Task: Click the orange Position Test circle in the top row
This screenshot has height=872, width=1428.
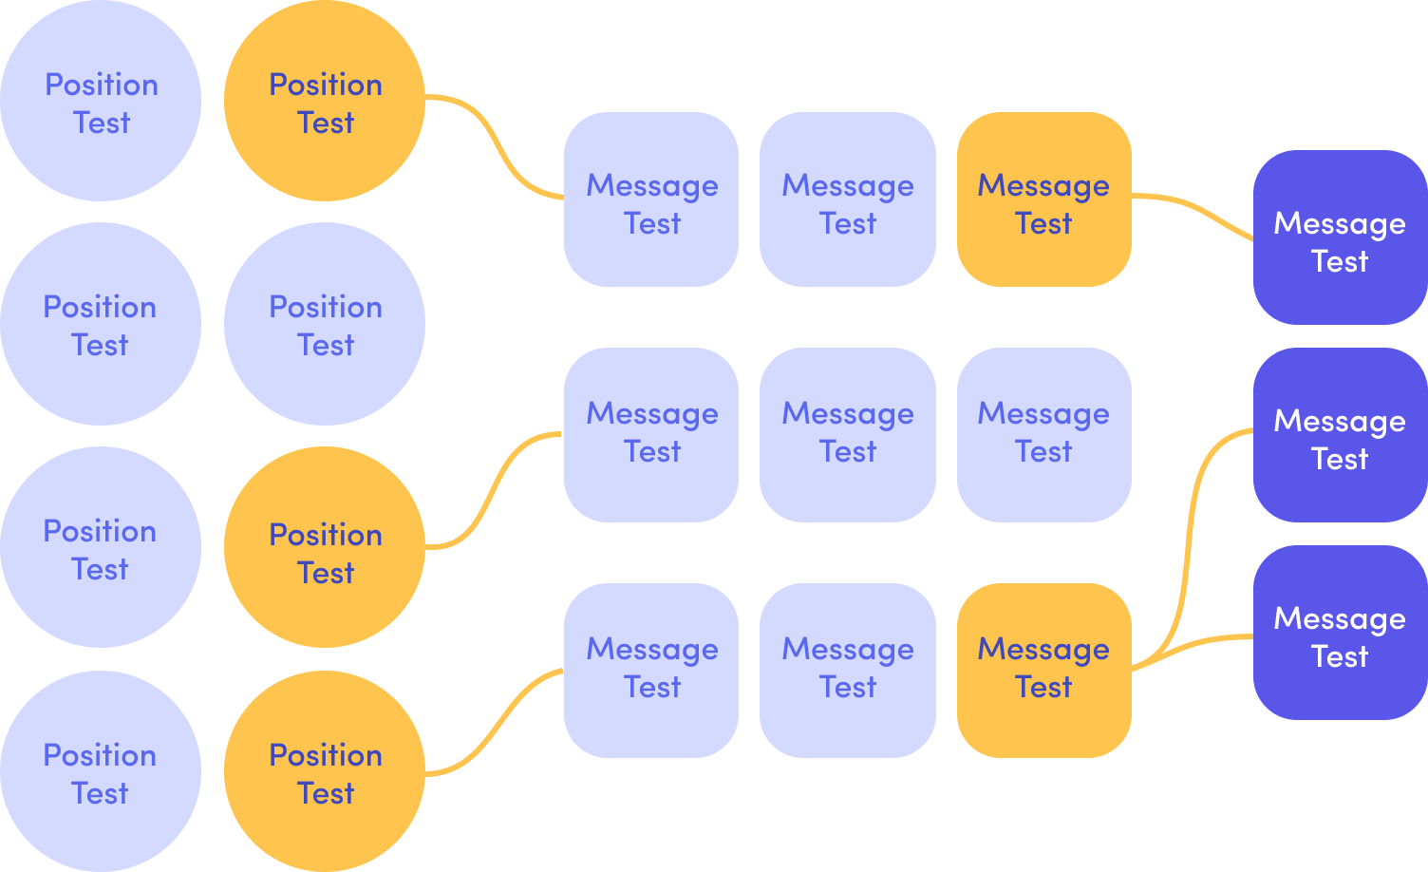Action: [x=325, y=102]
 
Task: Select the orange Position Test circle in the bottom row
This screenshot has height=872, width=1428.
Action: [x=325, y=771]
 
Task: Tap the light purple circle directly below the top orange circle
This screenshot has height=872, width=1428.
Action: [x=325, y=324]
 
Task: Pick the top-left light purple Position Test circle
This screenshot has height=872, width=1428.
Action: [x=101, y=102]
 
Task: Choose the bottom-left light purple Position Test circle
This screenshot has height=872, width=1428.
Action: [x=101, y=771]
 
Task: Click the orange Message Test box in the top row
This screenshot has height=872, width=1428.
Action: [x=1043, y=199]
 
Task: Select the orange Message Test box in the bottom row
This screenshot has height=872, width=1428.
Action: [x=1043, y=670]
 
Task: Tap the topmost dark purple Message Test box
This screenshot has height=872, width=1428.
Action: [x=1340, y=237]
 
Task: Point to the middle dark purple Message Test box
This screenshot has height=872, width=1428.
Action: [x=1340, y=435]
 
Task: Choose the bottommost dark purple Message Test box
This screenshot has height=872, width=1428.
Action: [x=1340, y=633]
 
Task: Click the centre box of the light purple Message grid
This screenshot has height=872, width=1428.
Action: [x=847, y=435]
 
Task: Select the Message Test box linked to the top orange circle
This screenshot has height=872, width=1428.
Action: [x=651, y=199]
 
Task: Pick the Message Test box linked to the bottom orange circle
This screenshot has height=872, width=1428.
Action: [x=651, y=670]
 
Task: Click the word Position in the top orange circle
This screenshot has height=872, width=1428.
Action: [x=326, y=85]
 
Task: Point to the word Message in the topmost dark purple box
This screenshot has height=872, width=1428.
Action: [x=1340, y=223]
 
